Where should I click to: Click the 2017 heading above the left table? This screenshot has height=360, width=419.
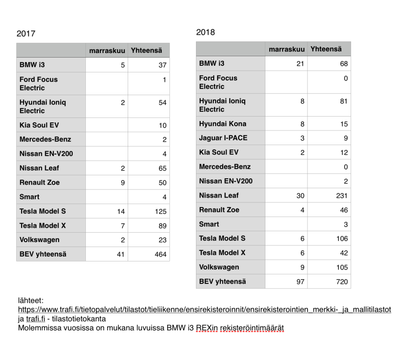click(26, 34)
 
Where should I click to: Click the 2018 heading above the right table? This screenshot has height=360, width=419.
click(205, 32)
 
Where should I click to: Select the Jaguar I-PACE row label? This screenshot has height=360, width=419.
click(223, 138)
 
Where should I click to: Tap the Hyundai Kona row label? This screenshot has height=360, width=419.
click(223, 124)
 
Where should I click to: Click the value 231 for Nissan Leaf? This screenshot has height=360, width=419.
click(341, 196)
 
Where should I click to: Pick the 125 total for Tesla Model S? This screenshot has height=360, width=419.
click(160, 211)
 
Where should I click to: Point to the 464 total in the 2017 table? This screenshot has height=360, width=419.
click(160, 255)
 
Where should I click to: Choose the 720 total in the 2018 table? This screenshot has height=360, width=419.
click(341, 282)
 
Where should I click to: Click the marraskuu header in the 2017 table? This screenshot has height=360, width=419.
click(107, 51)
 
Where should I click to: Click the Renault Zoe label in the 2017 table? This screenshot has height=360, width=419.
click(40, 183)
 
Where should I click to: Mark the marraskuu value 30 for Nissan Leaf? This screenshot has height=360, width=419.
click(300, 196)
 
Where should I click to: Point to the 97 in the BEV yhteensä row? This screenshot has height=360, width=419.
click(300, 282)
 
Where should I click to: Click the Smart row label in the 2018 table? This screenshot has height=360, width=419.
click(209, 224)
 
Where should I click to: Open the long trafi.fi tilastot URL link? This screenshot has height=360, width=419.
click(205, 310)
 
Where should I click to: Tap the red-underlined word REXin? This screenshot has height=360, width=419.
click(206, 328)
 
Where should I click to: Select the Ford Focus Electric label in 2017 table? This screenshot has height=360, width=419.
click(39, 84)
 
